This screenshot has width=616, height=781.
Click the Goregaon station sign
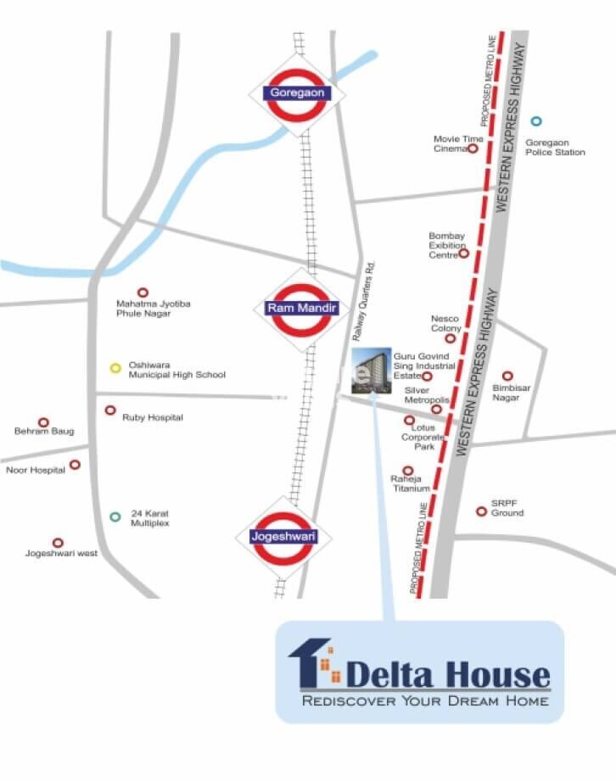(296, 93)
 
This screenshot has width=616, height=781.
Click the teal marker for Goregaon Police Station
(535, 121)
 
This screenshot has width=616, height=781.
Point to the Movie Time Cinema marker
(473, 148)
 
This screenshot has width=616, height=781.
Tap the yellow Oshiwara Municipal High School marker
(115, 368)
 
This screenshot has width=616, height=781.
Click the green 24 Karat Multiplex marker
(115, 516)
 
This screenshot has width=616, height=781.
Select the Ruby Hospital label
(153, 418)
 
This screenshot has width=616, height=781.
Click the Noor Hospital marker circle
(75, 464)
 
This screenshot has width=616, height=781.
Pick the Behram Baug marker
(43, 421)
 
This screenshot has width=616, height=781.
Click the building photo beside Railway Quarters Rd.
(371, 371)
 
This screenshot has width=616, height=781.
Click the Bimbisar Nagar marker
(507, 376)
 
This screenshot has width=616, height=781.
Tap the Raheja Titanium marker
(408, 471)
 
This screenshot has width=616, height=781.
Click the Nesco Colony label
(445, 323)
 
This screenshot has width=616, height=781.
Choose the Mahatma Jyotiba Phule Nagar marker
(143, 292)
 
